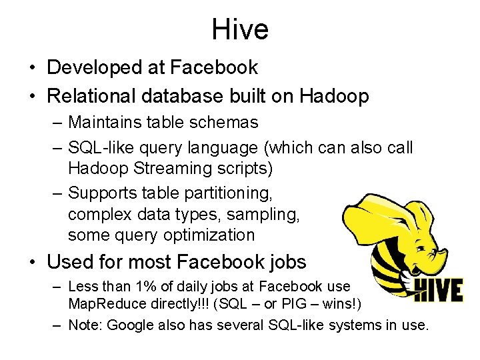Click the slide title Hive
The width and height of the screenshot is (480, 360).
click(x=240, y=29)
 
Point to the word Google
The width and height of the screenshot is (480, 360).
click(x=130, y=325)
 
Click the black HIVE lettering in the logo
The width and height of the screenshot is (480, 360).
click(x=438, y=290)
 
